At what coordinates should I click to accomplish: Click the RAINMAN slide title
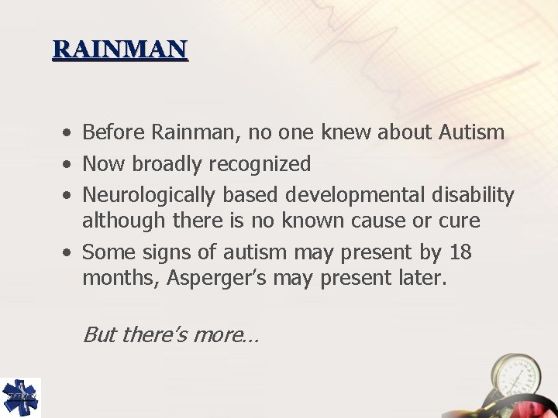[x=120, y=49]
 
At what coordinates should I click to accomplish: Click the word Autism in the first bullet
[x=471, y=132]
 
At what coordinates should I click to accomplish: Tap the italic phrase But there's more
[x=170, y=334]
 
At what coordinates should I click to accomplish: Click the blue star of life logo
[x=20, y=397]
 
